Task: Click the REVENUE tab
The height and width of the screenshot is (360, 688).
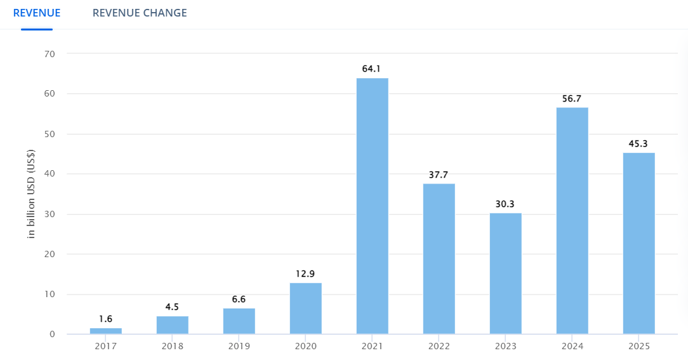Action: click(x=37, y=13)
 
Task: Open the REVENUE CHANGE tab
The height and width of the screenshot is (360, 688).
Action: click(x=140, y=13)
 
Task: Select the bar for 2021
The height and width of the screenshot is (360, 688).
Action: click(x=372, y=206)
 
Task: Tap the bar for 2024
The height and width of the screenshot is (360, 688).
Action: click(x=572, y=220)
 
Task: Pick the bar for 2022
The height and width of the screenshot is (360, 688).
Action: click(x=439, y=258)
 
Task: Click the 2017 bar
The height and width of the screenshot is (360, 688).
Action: click(x=106, y=331)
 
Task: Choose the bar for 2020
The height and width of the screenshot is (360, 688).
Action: click(x=305, y=308)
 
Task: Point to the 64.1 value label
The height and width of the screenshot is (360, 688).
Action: click(x=372, y=69)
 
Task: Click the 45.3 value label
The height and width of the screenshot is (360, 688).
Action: click(x=638, y=143)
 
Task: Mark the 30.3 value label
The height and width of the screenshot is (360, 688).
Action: click(x=505, y=204)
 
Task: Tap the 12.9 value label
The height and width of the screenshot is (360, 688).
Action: click(x=305, y=274)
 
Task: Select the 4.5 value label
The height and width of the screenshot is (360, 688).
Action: click(x=172, y=307)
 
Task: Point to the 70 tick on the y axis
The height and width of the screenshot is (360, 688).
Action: click(x=50, y=54)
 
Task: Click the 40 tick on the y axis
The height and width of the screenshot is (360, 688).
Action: click(x=50, y=174)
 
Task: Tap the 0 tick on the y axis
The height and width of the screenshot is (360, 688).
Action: click(x=53, y=335)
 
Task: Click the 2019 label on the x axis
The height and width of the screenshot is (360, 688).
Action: click(x=239, y=347)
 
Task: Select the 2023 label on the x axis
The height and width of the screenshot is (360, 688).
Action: click(x=505, y=347)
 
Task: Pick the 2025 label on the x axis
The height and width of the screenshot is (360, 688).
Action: click(x=638, y=347)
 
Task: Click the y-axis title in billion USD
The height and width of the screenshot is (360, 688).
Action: click(x=31, y=194)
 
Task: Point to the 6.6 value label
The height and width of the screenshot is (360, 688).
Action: click(x=239, y=299)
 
